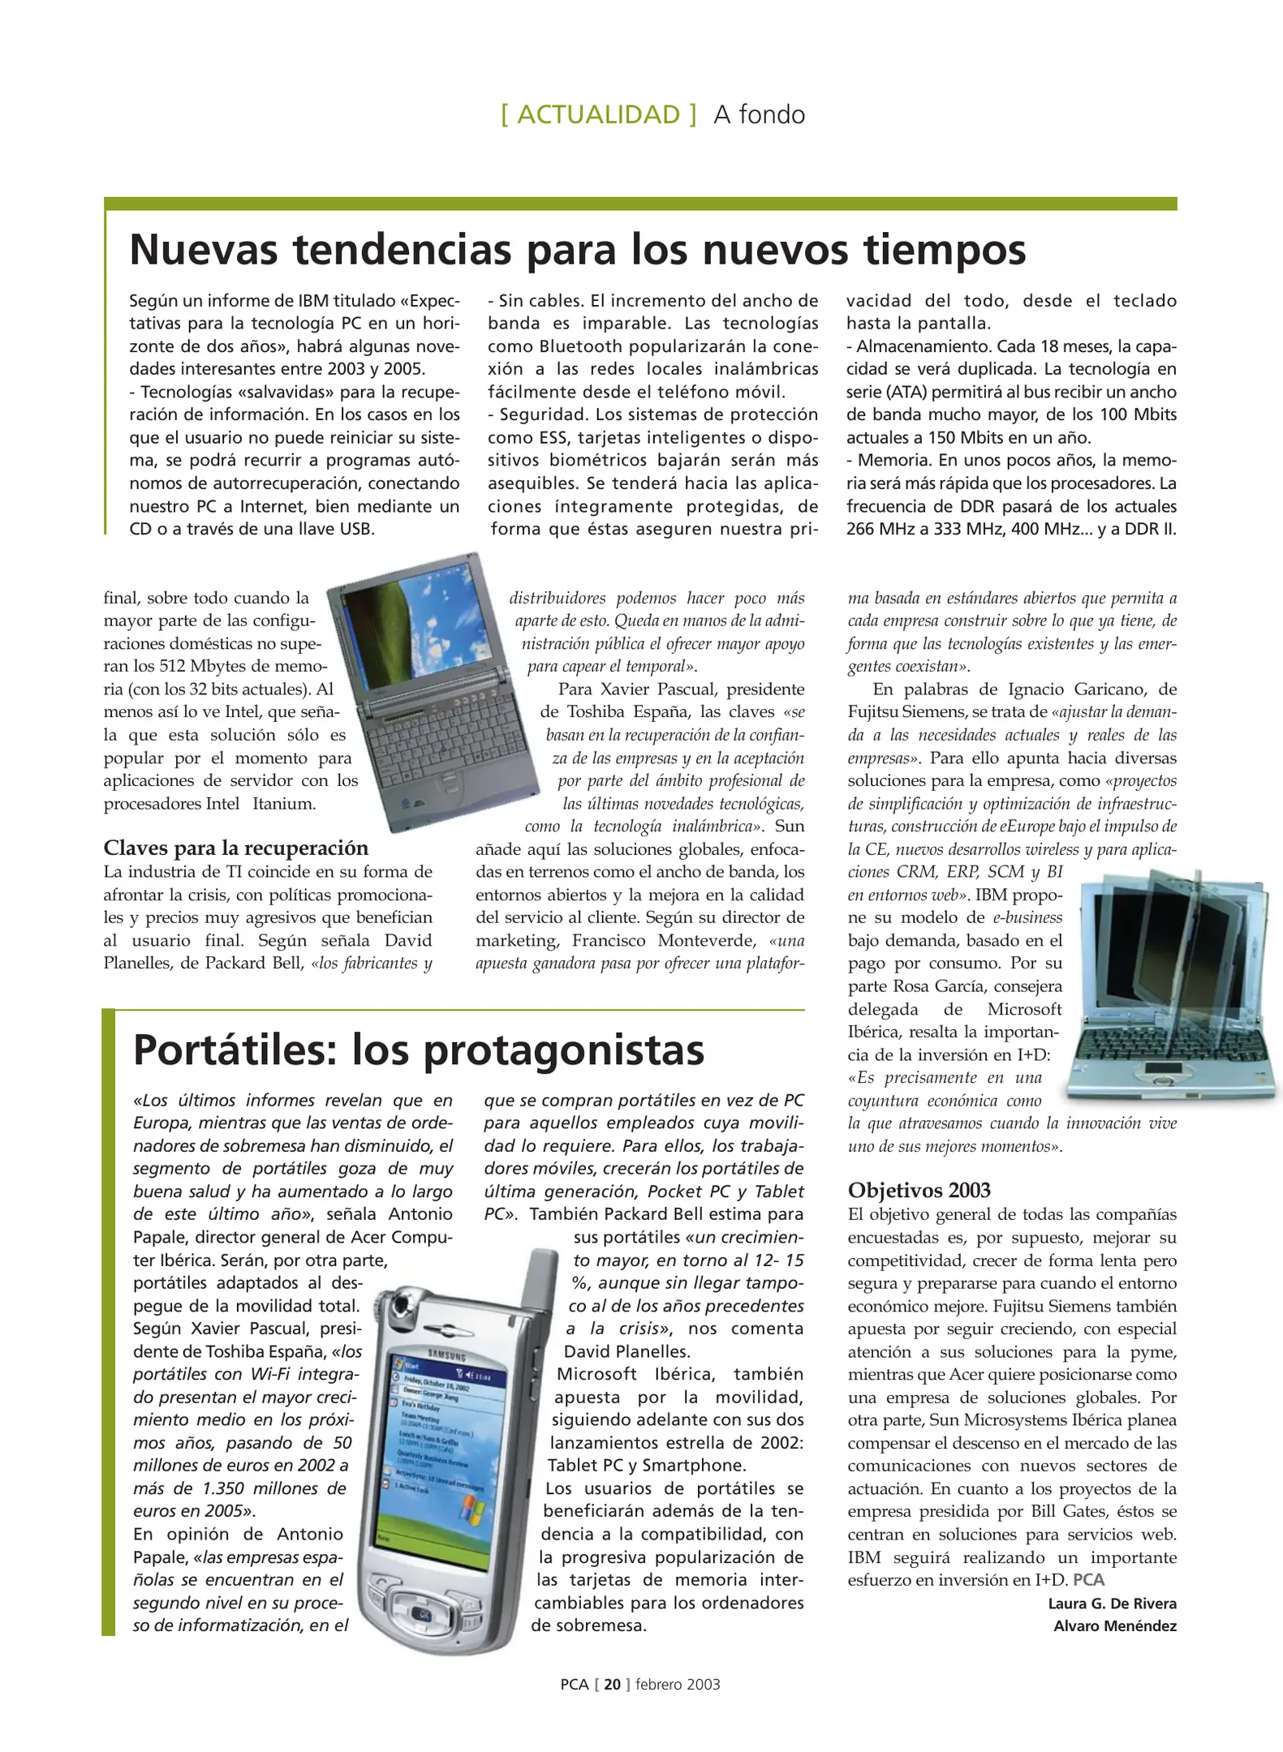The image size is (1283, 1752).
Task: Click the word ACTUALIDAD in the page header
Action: pyautogui.click(x=598, y=114)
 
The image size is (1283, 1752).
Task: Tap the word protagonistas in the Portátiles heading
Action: pyautogui.click(x=563, y=1050)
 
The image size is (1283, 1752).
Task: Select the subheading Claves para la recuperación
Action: pyautogui.click(x=235, y=848)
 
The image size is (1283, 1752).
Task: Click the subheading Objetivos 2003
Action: pyautogui.click(x=919, y=1190)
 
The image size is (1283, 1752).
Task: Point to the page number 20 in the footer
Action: pyautogui.click(x=612, y=1684)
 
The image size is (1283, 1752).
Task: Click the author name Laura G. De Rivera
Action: pyautogui.click(x=1111, y=1603)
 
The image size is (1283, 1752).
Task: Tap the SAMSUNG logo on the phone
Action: pyautogui.click(x=447, y=1356)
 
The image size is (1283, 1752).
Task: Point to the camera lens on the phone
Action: pyautogui.click(x=401, y=1307)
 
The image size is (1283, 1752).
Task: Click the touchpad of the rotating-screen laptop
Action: pyautogui.click(x=1163, y=1068)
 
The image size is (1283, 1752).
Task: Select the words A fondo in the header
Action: pyautogui.click(x=759, y=114)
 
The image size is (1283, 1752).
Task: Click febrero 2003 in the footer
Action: pyautogui.click(x=677, y=1684)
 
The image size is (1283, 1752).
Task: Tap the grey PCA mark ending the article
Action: pyautogui.click(x=1088, y=1579)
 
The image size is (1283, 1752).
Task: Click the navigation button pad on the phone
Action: pyautogui.click(x=423, y=1613)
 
